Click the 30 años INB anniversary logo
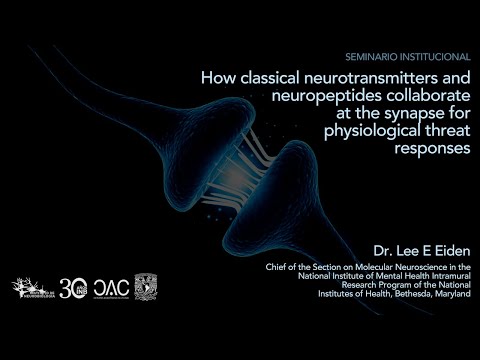(x=74, y=287)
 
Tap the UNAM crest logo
(x=146, y=287)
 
